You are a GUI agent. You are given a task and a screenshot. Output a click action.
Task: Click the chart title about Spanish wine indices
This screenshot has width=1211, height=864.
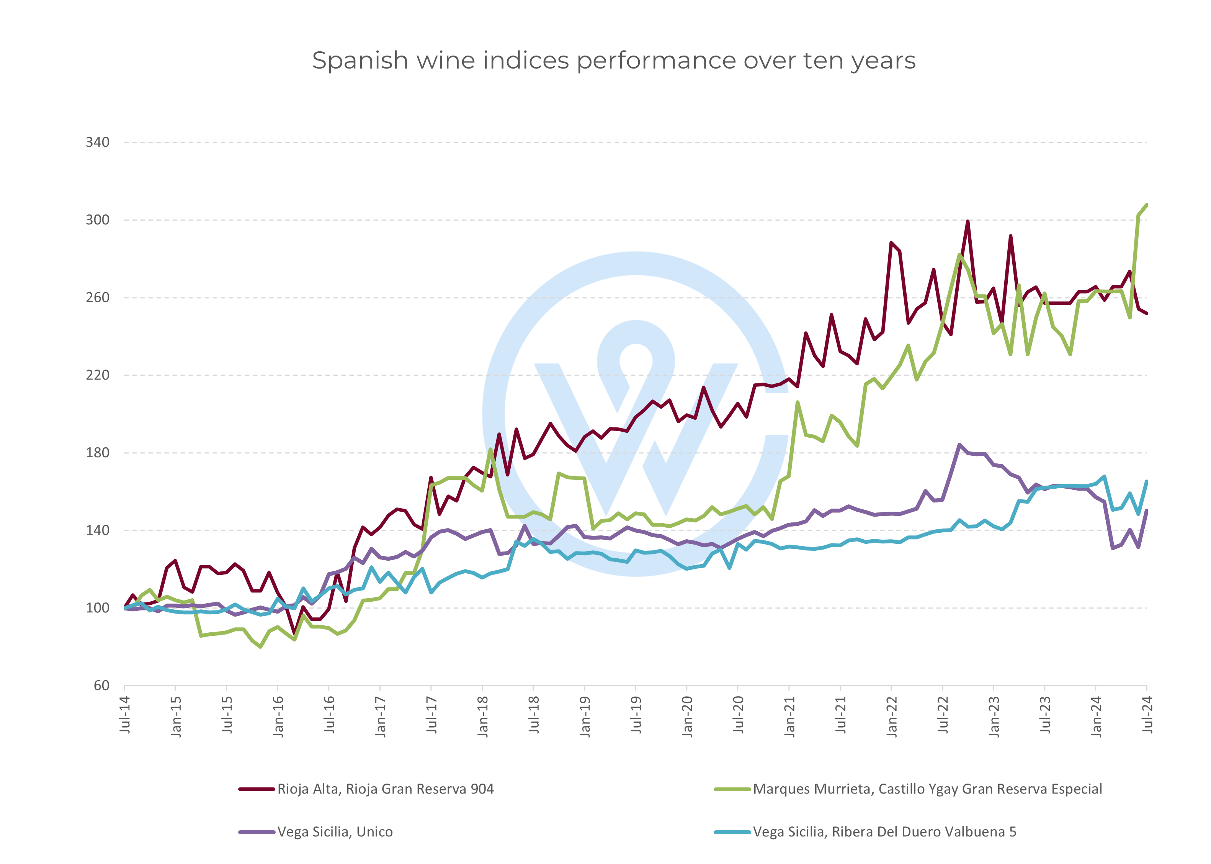pos(613,61)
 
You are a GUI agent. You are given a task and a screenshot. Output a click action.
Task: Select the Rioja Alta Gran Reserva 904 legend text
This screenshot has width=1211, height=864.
pos(385,789)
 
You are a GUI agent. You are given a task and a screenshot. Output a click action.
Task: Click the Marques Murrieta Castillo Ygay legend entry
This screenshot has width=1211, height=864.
pos(927,789)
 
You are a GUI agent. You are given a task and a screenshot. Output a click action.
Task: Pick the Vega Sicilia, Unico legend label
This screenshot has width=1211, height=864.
pos(335,832)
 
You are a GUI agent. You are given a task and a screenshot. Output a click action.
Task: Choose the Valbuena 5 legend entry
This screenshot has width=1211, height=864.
pos(884,832)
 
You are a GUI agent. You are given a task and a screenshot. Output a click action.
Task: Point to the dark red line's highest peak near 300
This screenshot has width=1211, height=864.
pos(967,221)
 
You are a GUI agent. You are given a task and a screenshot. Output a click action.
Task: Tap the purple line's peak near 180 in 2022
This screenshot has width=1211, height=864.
pos(959,445)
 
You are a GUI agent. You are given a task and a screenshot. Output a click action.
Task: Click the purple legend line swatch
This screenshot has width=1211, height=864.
pos(257,832)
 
